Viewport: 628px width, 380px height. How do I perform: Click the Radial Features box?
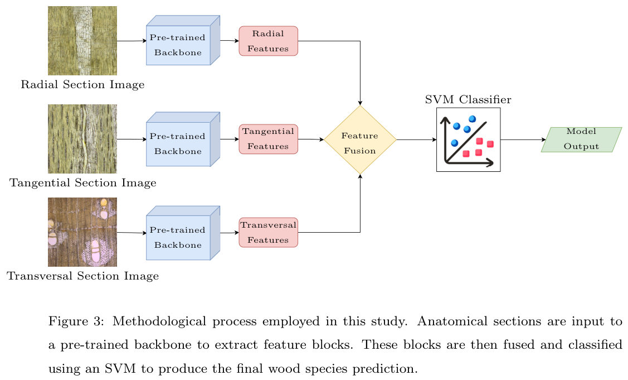tap(268, 41)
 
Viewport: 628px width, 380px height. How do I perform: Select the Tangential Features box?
tap(268, 139)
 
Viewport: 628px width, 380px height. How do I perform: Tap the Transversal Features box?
tap(268, 232)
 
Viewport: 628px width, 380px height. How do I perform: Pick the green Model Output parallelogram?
tap(581, 140)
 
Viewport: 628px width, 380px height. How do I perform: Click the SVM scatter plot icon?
tap(468, 140)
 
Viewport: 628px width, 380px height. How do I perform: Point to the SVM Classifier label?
tap(468, 100)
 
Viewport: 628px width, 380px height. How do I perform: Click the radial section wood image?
tap(82, 41)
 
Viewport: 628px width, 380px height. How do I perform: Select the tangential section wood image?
tap(82, 138)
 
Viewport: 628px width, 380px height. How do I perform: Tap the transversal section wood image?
tap(82, 232)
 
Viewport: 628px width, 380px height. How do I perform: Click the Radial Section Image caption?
tap(82, 85)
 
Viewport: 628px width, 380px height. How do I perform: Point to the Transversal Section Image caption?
tap(82, 276)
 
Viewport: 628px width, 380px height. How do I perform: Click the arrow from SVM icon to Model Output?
tap(523, 140)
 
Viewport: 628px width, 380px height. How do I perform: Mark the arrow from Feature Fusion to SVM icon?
tap(416, 140)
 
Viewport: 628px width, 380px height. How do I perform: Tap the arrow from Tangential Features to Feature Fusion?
tap(311, 139)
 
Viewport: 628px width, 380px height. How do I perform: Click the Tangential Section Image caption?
tap(82, 183)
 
